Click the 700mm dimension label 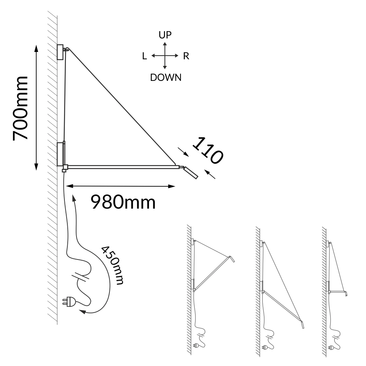[20, 108]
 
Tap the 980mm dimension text [123, 202]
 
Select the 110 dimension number [208, 150]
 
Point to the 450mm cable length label [112, 265]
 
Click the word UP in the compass [165, 35]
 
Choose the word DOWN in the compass [166, 78]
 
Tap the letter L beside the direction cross [145, 56]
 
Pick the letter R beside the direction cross [186, 56]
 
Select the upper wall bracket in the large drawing [60, 52]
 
